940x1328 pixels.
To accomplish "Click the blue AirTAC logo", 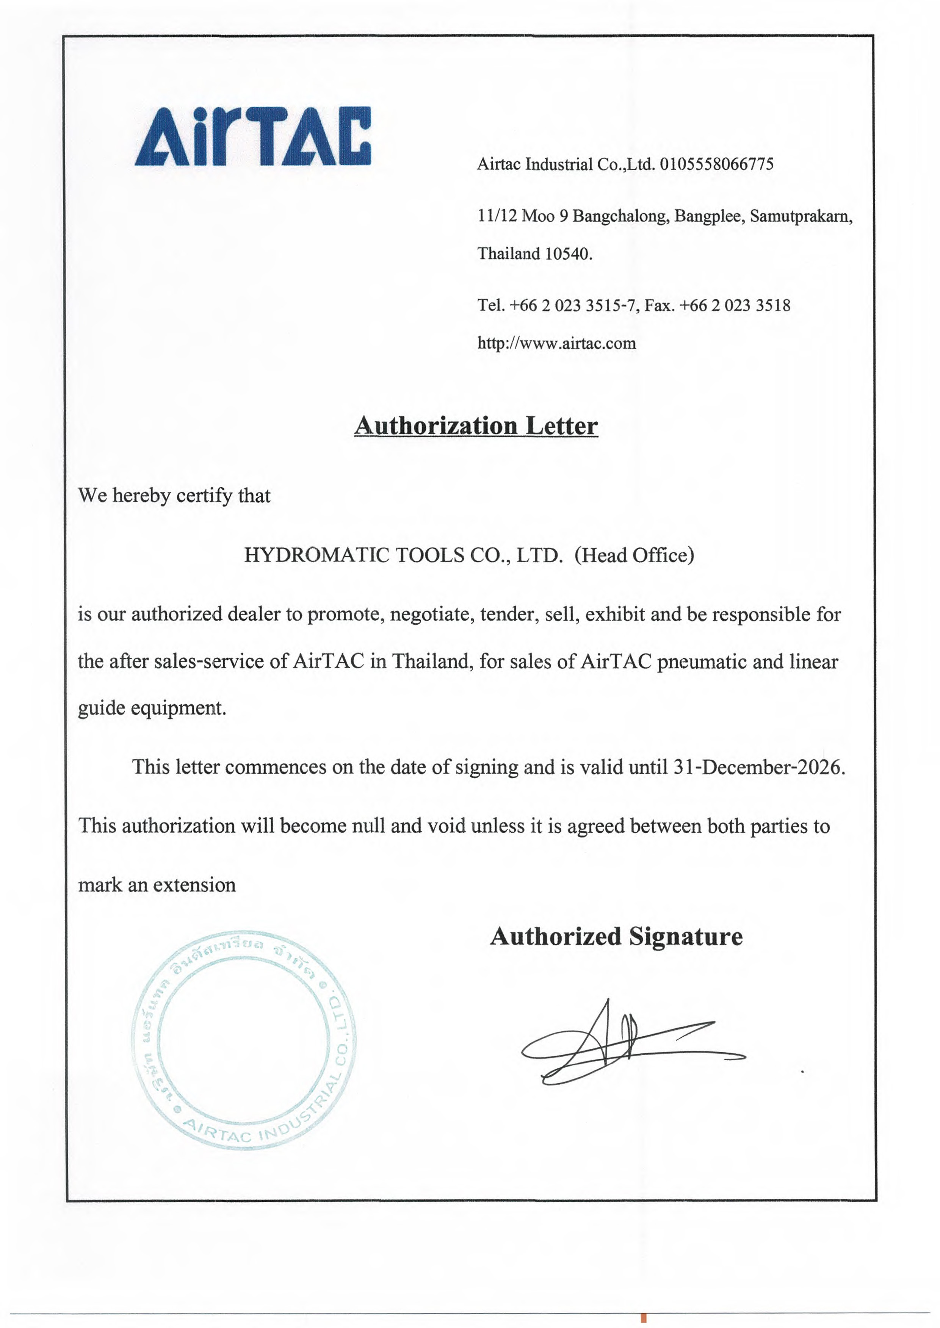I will [253, 137].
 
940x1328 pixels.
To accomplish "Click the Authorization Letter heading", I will [476, 427].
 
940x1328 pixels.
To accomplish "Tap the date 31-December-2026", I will [758, 767].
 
